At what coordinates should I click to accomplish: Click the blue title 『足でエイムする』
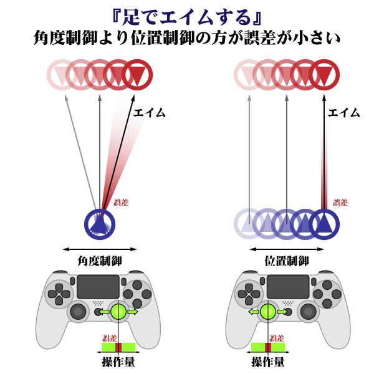[187, 17]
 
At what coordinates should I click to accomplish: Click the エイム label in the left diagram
[150, 113]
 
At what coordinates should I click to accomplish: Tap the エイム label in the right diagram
[343, 113]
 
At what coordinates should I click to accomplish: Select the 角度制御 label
[100, 261]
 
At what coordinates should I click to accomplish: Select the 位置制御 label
[287, 261]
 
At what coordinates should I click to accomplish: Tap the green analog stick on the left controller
[118, 312]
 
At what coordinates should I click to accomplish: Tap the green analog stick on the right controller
[268, 312]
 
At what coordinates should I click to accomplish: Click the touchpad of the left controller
[98, 287]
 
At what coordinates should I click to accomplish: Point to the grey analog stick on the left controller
[78, 312]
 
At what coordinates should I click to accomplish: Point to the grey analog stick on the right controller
[309, 312]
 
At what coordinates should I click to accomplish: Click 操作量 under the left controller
[118, 362]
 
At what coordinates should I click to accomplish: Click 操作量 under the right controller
[268, 362]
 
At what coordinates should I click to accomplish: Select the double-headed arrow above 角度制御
[100, 249]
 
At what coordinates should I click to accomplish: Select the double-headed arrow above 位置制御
[287, 249]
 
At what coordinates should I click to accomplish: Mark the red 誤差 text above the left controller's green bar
[110, 338]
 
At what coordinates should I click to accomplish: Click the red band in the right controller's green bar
[268, 348]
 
